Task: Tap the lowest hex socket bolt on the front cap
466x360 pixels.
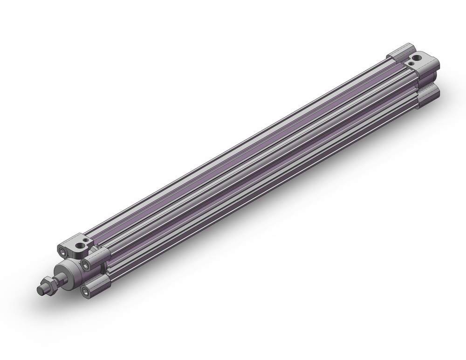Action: coord(85,292)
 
